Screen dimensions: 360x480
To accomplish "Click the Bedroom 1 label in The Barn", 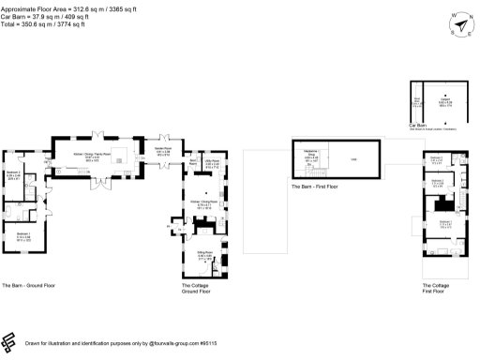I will point(23,236).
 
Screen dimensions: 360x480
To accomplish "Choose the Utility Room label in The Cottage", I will point(212,164).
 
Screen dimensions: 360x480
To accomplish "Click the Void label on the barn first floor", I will point(354,158).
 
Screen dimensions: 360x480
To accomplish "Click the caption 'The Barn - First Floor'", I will point(314,187).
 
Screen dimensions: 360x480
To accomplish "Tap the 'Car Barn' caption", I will point(418,124).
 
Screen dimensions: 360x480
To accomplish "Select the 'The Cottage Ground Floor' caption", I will point(197,288).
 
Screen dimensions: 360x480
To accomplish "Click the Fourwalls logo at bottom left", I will point(11,341).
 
